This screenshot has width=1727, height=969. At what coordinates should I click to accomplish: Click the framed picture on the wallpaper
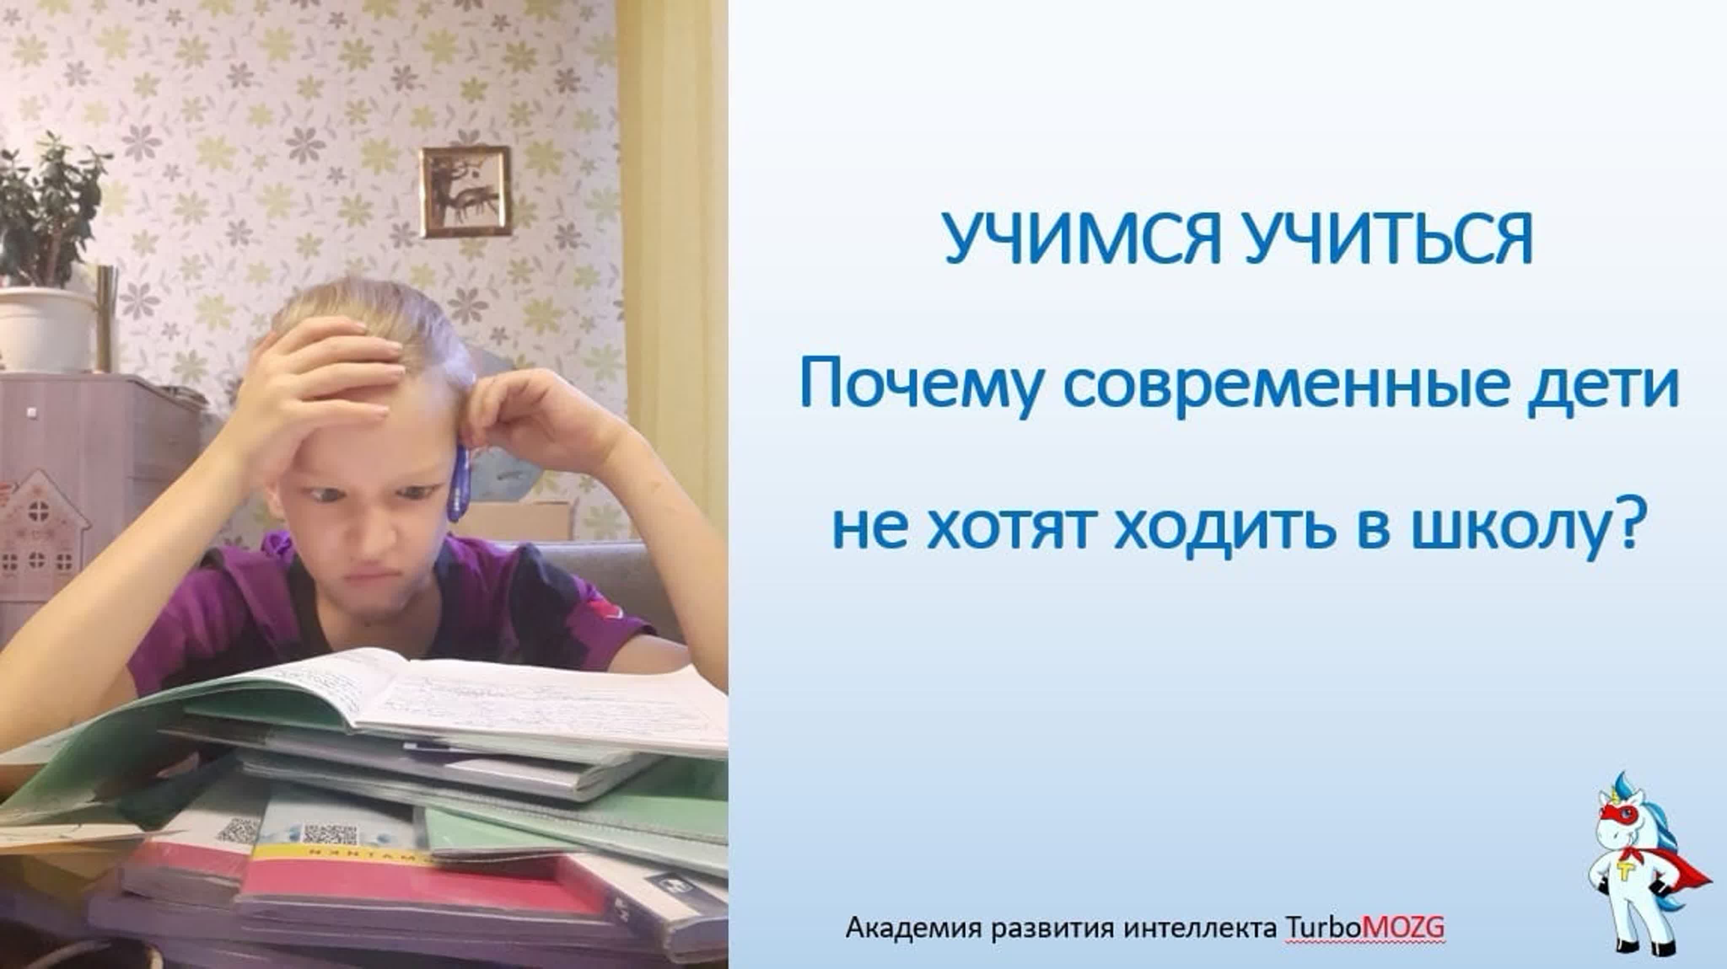465,192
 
